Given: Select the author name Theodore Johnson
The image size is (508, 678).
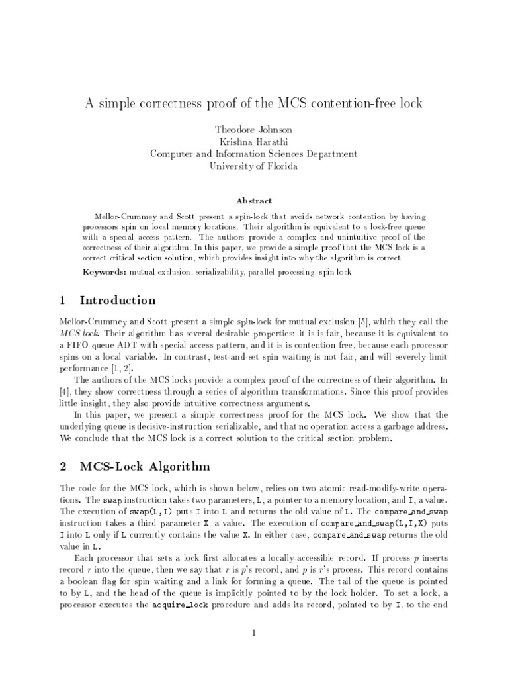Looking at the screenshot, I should tap(254, 130).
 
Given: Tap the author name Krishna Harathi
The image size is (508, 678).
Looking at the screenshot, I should tap(254, 142).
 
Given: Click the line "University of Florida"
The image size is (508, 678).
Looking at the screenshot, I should tap(254, 166).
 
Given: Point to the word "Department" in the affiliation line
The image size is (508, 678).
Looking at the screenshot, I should tap(329, 154).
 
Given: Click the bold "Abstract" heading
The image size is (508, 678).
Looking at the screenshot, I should tap(254, 200).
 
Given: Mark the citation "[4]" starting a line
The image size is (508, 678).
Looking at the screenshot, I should tap(65, 391).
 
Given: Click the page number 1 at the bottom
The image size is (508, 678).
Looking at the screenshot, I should tap(254, 634).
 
